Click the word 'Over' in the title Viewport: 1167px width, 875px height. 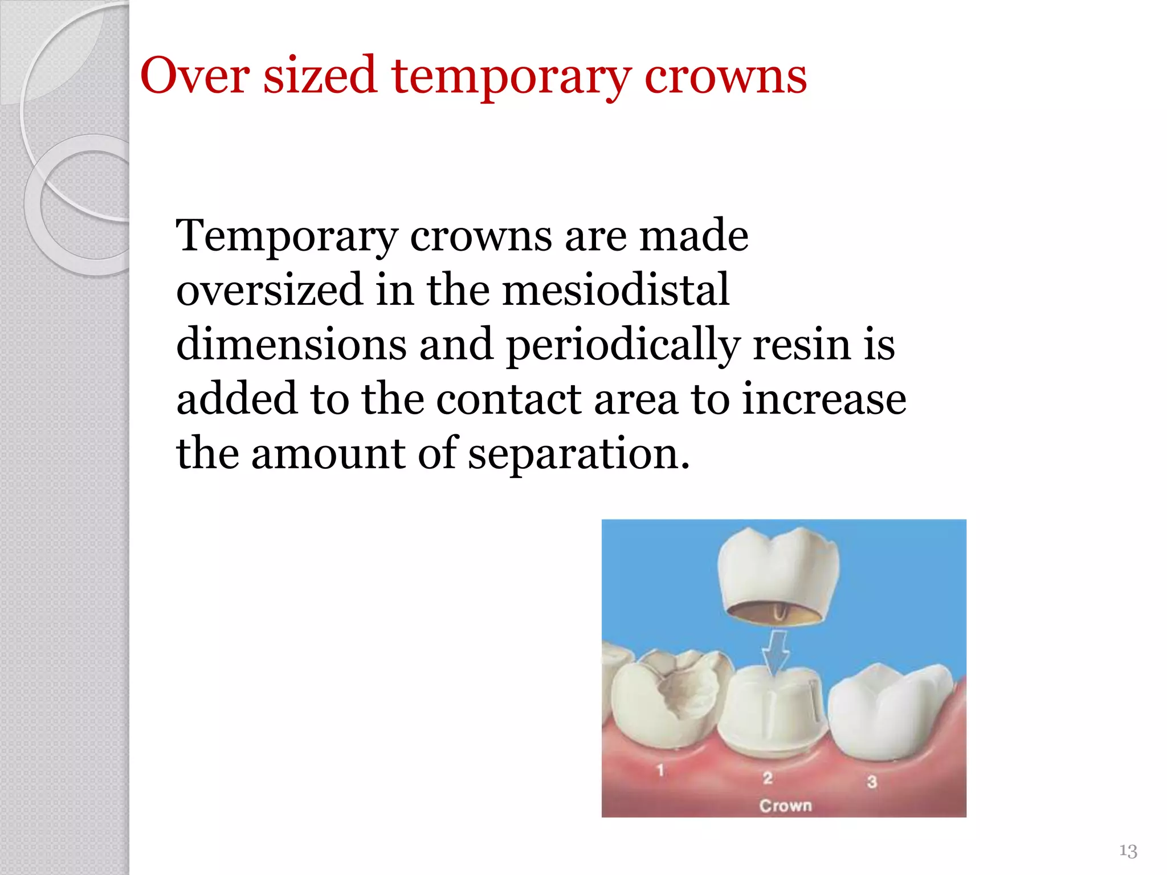tap(195, 76)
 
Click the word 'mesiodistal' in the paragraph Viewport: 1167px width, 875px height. tap(615, 289)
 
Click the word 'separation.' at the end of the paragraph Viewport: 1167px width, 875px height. tap(578, 454)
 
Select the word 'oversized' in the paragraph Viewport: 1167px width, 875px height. tap(270, 289)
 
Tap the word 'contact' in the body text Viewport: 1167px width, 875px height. tap(508, 399)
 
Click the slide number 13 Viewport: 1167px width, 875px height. tap(1128, 851)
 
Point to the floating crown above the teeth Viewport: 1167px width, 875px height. tap(778, 575)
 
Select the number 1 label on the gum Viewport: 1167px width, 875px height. tap(660, 770)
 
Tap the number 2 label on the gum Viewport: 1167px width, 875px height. tap(768, 778)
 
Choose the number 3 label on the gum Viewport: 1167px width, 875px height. tap(872, 782)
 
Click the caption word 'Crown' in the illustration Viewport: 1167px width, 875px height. tap(785, 806)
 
